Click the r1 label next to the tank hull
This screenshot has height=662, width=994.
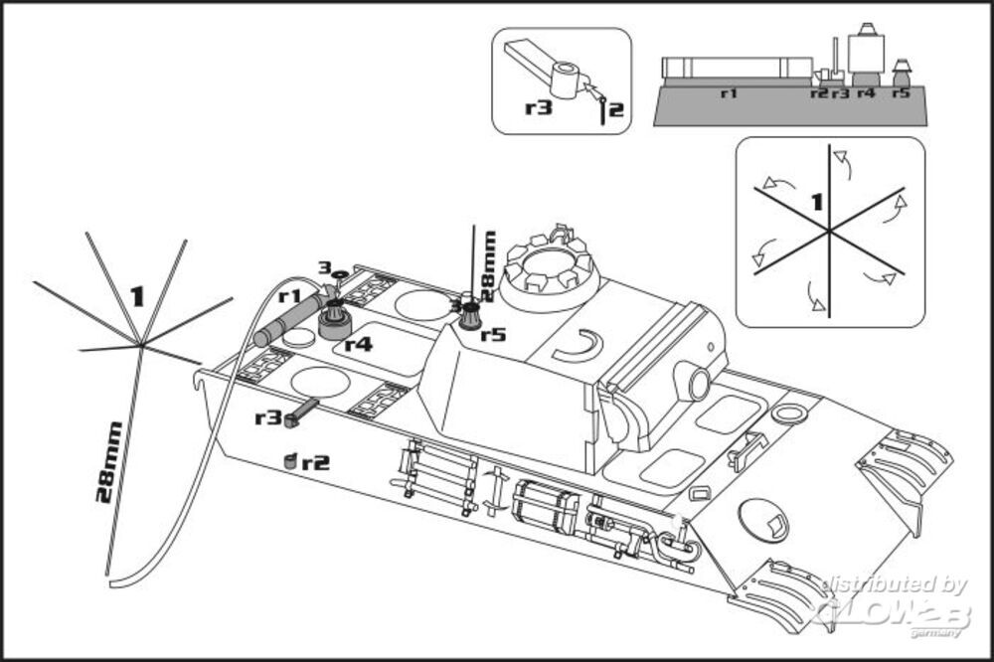[x=289, y=295]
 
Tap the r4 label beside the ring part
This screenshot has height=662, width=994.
[x=358, y=345]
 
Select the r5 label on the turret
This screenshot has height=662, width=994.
[x=493, y=334]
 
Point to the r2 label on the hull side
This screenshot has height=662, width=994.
[x=316, y=462]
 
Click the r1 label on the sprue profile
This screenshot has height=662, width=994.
[x=729, y=92]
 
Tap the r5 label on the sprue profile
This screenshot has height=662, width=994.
[x=901, y=92]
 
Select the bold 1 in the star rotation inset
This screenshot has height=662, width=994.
[x=816, y=203]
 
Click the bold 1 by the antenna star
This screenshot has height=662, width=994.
[x=137, y=295]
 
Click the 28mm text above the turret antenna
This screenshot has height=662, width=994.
[x=488, y=260]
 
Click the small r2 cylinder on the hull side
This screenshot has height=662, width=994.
[x=290, y=461]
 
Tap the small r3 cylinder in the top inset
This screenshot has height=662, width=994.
[x=567, y=80]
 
